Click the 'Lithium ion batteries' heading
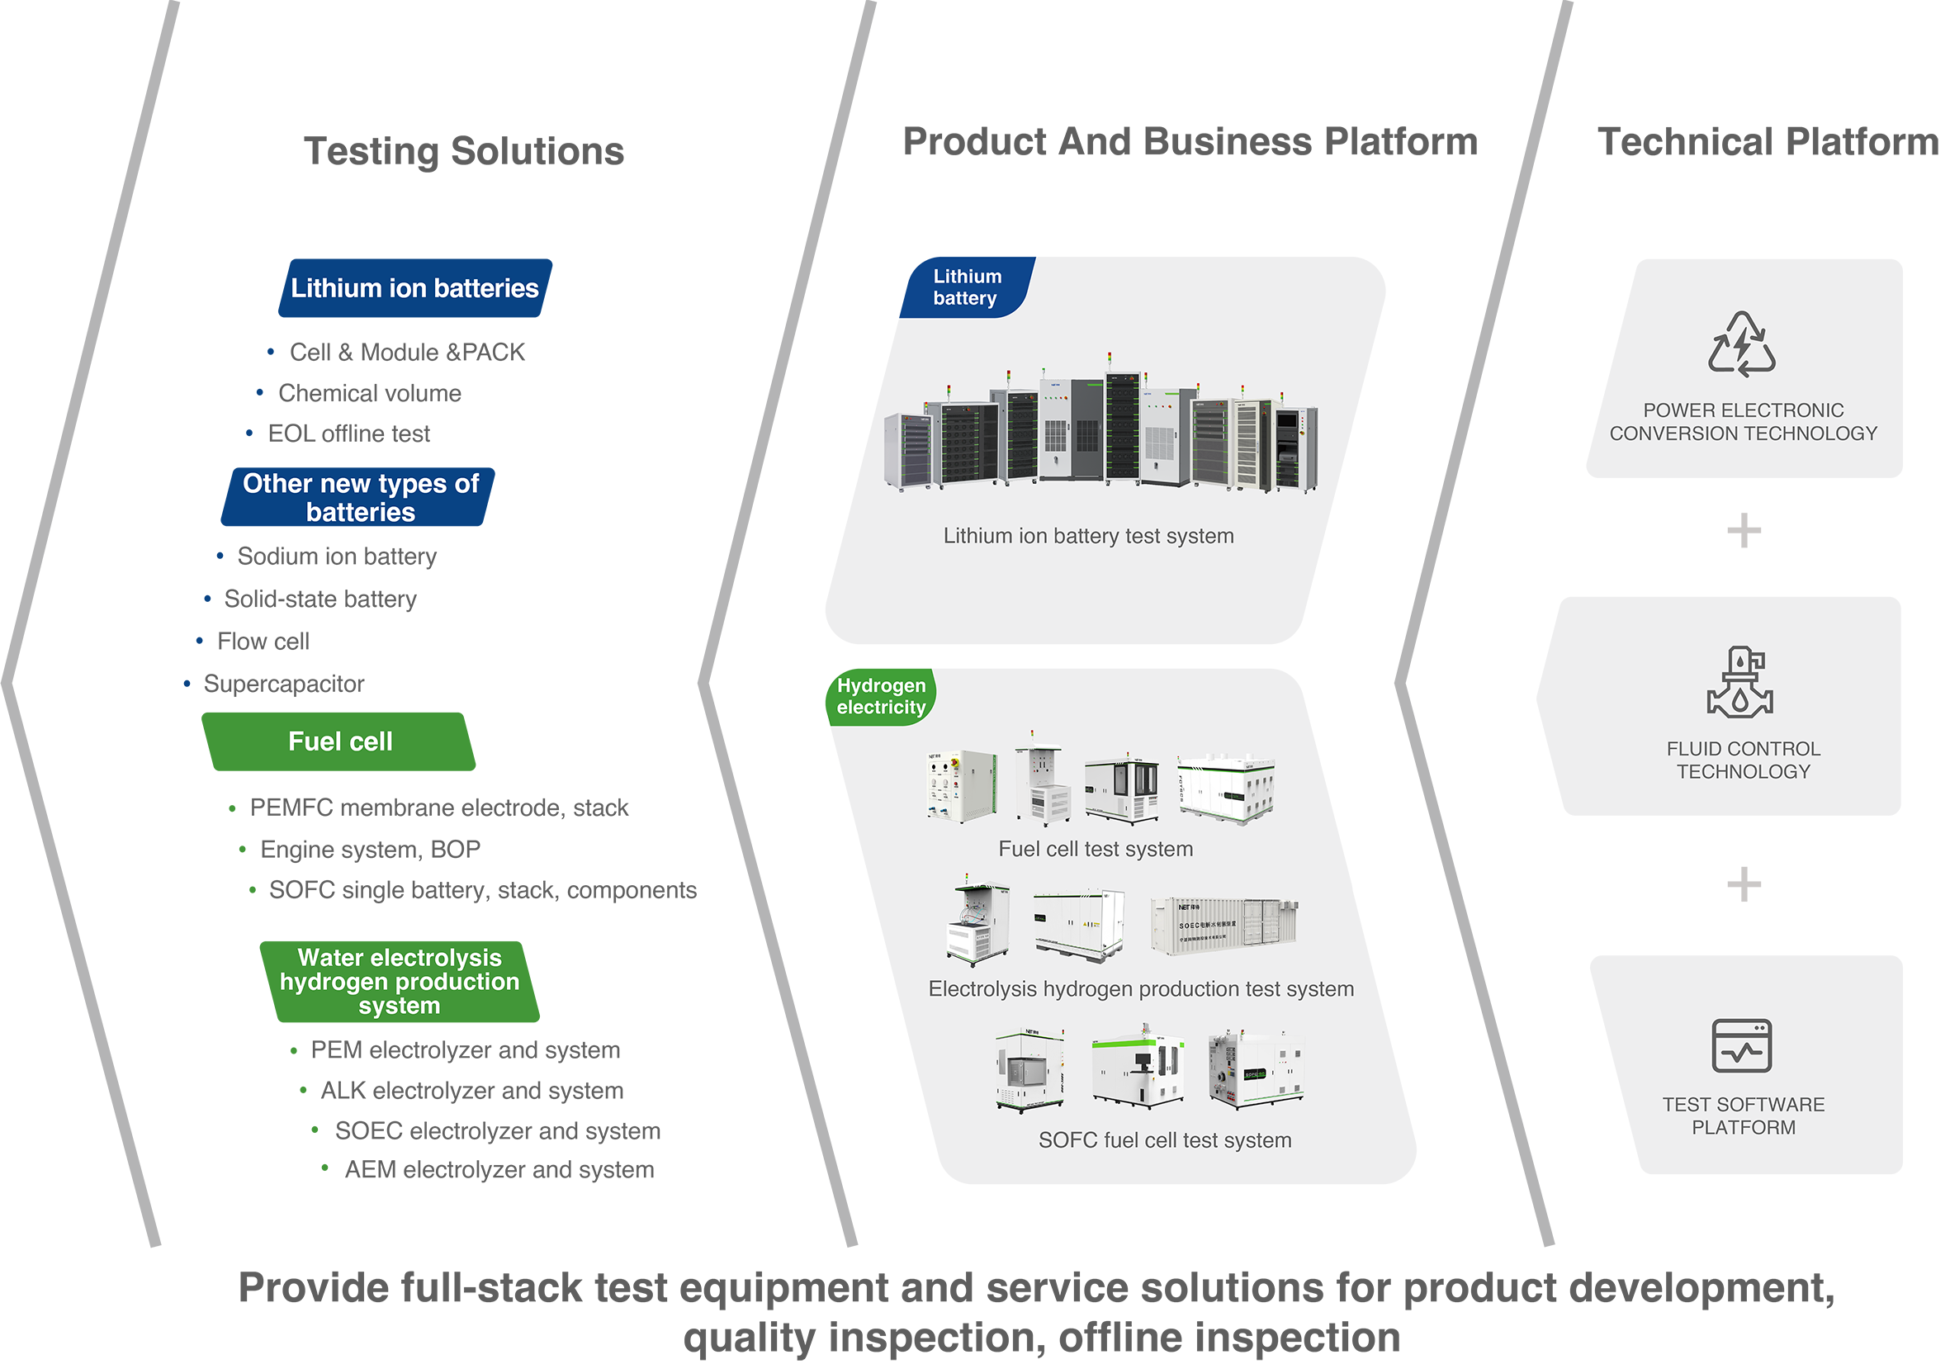pos(414,289)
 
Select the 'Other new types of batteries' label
pos(361,498)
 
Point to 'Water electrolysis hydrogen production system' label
pos(400,982)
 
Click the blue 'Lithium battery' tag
pos(967,287)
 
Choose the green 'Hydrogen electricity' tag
pos(881,696)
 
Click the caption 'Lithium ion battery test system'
pos(1088,536)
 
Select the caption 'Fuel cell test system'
pos(1096,850)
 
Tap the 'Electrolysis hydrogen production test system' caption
pos(1141,989)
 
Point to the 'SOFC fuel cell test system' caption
pos(1164,1140)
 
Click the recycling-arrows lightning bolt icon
pos(1741,344)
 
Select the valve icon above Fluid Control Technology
pos(1740,683)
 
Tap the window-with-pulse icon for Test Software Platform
pos(1741,1046)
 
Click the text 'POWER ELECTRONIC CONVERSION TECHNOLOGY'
pos(1743,422)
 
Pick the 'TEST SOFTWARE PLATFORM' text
pos(1743,1116)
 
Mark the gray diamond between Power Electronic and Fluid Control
pos(1744,534)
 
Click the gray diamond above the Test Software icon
pos(1744,885)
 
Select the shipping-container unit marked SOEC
pos(1223,926)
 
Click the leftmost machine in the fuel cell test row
pos(962,785)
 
